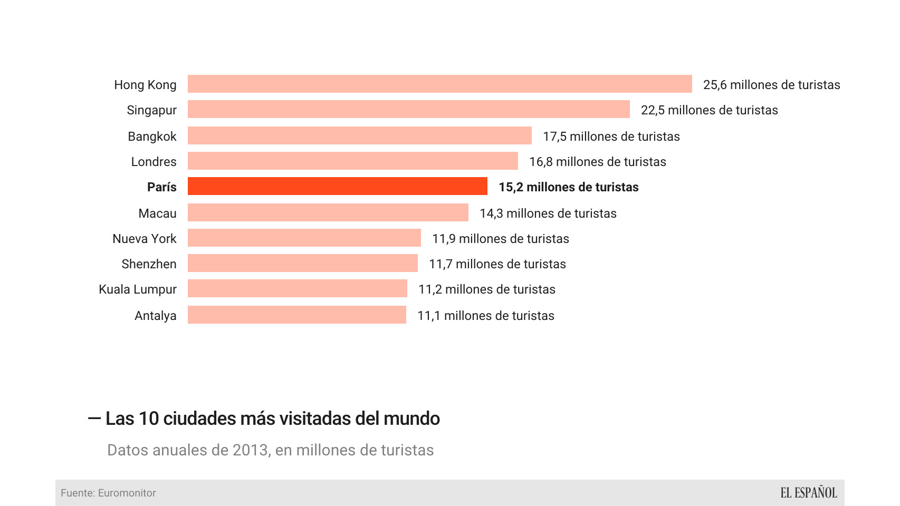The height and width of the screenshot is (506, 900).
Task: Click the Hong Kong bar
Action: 439,84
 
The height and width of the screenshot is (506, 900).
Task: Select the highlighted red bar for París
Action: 338,187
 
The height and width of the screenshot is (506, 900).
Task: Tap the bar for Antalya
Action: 297,315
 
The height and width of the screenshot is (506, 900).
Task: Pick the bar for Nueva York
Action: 304,238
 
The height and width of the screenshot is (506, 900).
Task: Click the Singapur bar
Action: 409,109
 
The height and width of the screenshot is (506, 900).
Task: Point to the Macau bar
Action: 328,212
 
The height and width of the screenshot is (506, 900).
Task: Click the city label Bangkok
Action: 152,137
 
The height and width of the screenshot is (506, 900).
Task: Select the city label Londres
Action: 154,162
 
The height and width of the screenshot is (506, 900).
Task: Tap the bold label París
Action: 161,187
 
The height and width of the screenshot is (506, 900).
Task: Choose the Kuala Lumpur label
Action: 138,289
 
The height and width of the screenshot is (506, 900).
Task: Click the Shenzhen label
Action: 149,264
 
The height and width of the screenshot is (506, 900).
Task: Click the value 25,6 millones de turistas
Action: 771,85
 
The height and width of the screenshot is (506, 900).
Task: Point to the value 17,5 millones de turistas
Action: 611,137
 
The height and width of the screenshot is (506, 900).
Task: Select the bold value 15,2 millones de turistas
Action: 568,187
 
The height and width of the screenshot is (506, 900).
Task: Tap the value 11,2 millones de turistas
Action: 486,289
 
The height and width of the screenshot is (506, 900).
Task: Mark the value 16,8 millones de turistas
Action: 597,162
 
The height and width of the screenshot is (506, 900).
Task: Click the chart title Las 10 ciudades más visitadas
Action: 272,419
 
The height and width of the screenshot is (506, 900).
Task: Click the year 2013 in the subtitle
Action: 251,450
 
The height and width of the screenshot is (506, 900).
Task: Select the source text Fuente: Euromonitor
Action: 108,493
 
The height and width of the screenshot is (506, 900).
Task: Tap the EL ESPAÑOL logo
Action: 808,493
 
